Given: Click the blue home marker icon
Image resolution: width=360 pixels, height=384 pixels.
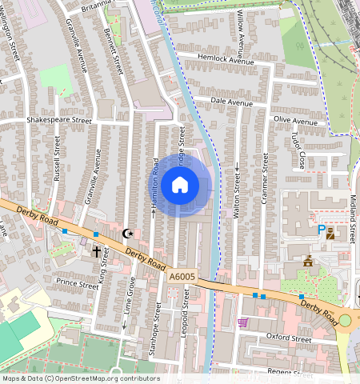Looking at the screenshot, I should (x=180, y=186).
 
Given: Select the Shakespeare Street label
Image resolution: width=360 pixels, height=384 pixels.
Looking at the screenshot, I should (x=59, y=119).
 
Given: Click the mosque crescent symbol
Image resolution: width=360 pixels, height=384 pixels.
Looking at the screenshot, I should (x=126, y=234).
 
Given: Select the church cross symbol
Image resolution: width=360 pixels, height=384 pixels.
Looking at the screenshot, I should (x=96, y=251).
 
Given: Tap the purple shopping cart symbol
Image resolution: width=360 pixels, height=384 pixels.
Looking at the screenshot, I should (x=242, y=322).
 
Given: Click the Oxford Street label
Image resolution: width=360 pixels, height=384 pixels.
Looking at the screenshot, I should (x=288, y=338).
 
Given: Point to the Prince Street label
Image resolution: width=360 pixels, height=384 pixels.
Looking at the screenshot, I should (x=78, y=284).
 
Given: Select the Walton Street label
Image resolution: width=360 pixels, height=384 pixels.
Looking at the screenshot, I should (x=237, y=192).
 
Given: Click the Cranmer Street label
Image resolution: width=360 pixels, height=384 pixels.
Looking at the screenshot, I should (x=265, y=180).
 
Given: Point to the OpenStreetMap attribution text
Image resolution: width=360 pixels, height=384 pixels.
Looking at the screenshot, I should (x=80, y=378).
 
